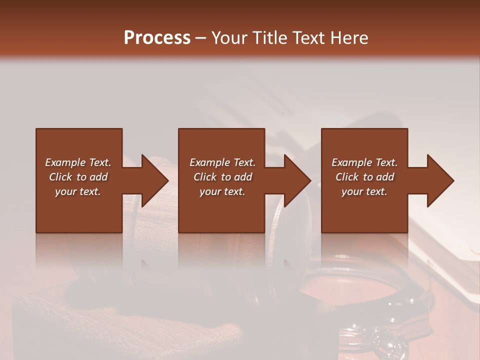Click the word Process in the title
click(157, 38)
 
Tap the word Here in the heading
click(350, 38)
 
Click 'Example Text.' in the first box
click(78, 162)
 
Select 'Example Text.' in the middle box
click(222, 162)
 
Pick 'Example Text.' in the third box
click(364, 162)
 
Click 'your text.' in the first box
click(78, 191)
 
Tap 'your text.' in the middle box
click(222, 191)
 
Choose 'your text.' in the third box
click(364, 191)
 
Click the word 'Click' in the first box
click(60, 177)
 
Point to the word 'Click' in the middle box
click(205, 177)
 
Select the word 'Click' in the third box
click(347, 177)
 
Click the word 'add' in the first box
click(99, 177)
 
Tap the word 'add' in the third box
click(385, 177)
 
